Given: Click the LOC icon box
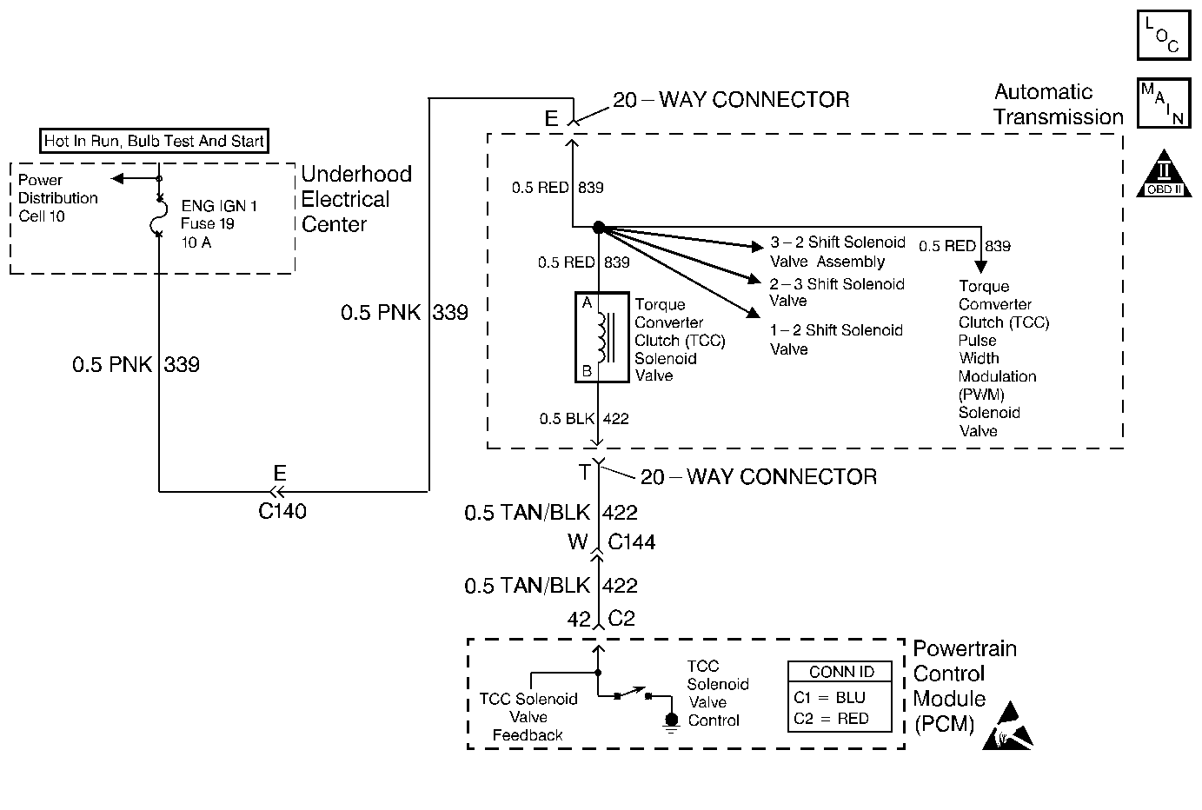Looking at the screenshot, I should [1163, 35].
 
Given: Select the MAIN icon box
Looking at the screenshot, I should [1163, 103].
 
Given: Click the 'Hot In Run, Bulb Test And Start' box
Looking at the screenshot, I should [155, 141].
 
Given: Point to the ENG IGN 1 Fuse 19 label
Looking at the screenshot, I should [219, 224].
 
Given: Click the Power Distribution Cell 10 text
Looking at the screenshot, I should [58, 198].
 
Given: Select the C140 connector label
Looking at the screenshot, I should [282, 511].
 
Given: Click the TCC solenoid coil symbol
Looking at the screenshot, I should [601, 337].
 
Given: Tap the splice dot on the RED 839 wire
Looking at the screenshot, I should [598, 228].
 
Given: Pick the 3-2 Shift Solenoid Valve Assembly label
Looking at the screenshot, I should [837, 252].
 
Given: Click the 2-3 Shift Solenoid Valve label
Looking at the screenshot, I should [836, 293].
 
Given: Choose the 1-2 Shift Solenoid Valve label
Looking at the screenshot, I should [836, 340].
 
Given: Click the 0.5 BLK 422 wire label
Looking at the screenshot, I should [583, 419].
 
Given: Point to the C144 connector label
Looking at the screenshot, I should [631, 542].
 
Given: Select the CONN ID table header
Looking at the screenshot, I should [840, 672].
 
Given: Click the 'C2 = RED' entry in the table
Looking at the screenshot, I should [830, 719].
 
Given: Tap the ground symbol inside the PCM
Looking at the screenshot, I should [671, 722].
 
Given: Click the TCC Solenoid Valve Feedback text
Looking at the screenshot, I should [528, 717].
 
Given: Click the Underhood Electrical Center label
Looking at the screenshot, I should [356, 199].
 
